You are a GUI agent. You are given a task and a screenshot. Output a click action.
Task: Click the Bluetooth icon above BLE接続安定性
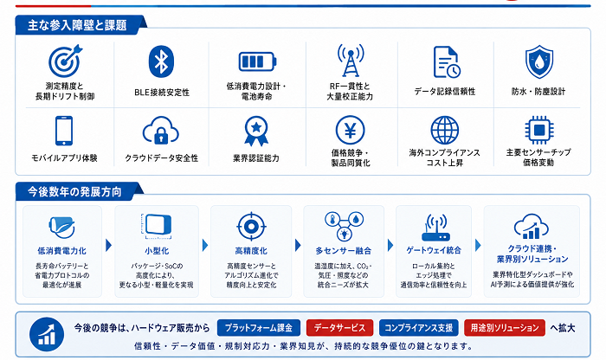click(x=161, y=61)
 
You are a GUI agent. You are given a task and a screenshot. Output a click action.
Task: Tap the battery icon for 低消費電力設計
click(x=257, y=61)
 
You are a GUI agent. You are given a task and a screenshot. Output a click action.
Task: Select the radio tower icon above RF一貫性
click(x=350, y=61)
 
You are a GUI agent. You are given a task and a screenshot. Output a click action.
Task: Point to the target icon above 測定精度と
click(x=65, y=61)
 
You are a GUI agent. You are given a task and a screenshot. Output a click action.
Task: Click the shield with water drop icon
click(x=538, y=61)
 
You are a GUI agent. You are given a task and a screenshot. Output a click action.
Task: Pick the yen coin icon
click(x=350, y=130)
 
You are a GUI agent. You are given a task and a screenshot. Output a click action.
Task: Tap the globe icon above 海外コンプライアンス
click(x=444, y=130)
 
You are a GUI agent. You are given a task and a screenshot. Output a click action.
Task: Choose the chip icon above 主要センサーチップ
click(x=538, y=130)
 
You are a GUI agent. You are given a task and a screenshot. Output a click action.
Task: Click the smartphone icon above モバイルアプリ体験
click(x=64, y=131)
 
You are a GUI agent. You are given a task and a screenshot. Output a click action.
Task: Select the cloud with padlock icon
click(x=160, y=131)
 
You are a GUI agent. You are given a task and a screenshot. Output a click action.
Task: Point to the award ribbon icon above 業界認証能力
click(x=256, y=131)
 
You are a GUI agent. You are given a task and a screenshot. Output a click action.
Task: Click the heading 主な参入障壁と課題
click(x=77, y=25)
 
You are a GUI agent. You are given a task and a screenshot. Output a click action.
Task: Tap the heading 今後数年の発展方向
click(x=74, y=192)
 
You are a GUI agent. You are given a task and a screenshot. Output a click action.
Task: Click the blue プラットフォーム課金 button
click(x=259, y=328)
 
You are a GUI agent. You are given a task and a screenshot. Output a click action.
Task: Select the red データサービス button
click(x=339, y=328)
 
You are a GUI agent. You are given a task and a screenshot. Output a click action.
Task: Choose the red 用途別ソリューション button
click(x=505, y=328)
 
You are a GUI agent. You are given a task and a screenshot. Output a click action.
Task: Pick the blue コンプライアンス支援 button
click(x=418, y=328)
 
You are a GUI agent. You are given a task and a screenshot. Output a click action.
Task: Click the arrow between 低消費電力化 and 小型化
click(x=108, y=245)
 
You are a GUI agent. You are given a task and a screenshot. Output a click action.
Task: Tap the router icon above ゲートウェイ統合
click(x=435, y=228)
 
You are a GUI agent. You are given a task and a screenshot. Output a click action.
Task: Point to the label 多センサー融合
click(x=343, y=251)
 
